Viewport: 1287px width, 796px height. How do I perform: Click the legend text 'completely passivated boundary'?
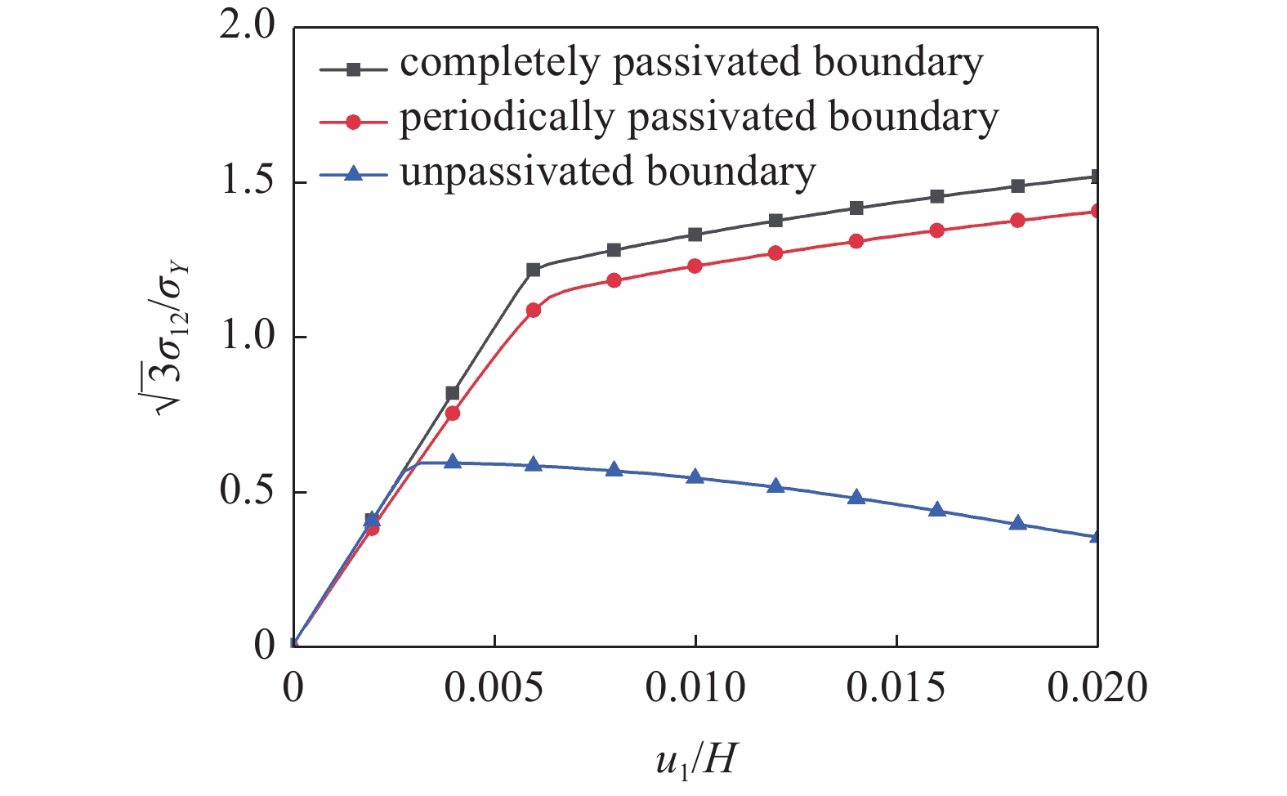click(690, 64)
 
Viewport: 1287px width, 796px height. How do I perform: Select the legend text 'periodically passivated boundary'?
click(699, 119)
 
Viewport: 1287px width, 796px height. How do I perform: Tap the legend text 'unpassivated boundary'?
click(607, 172)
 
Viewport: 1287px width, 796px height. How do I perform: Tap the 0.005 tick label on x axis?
click(493, 687)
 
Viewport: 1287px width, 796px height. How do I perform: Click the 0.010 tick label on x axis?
click(695, 687)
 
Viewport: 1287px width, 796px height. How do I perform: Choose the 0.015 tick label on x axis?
click(896, 687)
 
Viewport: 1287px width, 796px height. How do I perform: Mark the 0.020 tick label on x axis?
click(1097, 687)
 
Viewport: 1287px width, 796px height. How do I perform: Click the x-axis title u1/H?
click(695, 759)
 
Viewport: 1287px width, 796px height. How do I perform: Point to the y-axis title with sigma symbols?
click(174, 336)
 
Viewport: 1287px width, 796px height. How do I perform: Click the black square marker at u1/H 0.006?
click(534, 270)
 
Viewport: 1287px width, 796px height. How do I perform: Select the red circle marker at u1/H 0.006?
click(534, 311)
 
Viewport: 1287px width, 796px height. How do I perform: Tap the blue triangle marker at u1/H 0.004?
click(453, 462)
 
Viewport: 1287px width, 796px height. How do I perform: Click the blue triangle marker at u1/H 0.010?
click(695, 476)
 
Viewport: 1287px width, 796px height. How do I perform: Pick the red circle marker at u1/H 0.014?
click(856, 241)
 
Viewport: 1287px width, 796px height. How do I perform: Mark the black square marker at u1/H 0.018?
click(1017, 186)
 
